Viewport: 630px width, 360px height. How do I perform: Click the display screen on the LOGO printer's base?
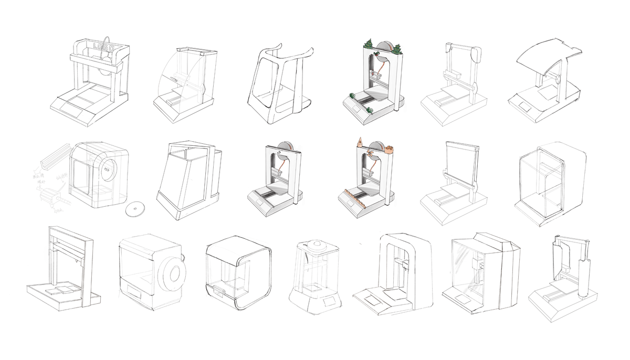(70, 110)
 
